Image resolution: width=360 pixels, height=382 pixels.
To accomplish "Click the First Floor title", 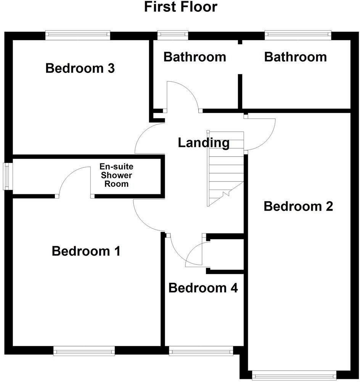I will click(181, 7).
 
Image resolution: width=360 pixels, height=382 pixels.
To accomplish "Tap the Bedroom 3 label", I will click(80, 69).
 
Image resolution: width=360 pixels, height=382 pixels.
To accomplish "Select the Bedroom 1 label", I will click(86, 251).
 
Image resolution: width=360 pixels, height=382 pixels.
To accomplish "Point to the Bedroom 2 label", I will click(298, 206).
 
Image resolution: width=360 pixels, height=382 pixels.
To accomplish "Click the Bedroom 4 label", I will click(203, 288).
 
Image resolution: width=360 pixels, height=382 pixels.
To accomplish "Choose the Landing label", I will click(204, 143).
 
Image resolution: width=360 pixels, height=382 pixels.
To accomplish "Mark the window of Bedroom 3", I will click(78, 35).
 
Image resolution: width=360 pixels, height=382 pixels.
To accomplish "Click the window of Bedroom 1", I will click(84, 351).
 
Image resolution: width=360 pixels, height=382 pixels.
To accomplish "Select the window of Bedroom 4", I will click(201, 351).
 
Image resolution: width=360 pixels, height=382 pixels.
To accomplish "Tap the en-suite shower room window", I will click(7, 176).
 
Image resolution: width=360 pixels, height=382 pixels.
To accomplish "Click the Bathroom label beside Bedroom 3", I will click(194, 57).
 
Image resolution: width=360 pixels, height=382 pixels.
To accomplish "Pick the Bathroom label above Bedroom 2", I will click(295, 57).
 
